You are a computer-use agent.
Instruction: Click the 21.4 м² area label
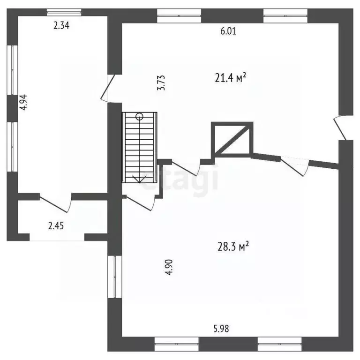[231, 77]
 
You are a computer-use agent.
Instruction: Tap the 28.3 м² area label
[233, 247]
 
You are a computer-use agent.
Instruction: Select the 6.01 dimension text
[228, 31]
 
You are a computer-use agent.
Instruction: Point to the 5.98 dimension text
[221, 329]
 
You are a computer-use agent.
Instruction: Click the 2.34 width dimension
[61, 25]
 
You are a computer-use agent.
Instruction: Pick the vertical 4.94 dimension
[23, 102]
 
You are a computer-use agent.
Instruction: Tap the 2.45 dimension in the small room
[56, 225]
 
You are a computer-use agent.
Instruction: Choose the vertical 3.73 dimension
[161, 82]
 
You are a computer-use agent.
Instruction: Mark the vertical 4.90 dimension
[169, 267]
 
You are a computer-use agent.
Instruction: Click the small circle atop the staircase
[139, 117]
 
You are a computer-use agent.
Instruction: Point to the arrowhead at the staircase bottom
[139, 179]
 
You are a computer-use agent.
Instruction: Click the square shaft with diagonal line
[232, 140]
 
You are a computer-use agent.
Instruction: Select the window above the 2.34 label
[64, 12]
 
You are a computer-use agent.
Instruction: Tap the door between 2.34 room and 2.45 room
[56, 202]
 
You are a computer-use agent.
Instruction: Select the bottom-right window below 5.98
[280, 344]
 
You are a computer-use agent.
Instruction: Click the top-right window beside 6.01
[285, 16]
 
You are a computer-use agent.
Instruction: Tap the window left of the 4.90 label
[114, 277]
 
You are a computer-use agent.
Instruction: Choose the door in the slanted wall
[294, 166]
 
